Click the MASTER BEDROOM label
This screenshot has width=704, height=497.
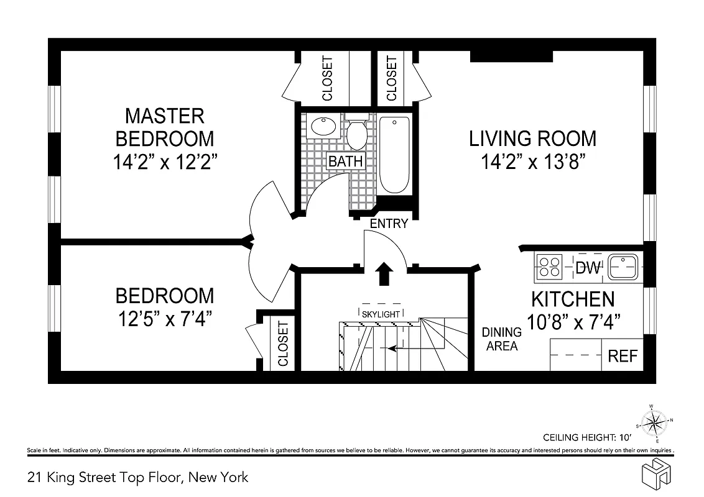(x=165, y=127)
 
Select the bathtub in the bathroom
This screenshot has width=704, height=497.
(x=394, y=155)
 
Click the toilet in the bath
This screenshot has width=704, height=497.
(x=357, y=133)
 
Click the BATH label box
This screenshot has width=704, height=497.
(x=345, y=161)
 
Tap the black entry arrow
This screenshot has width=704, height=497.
(x=384, y=273)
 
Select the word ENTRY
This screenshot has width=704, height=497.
(x=389, y=224)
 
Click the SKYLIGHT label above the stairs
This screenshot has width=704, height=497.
(x=381, y=314)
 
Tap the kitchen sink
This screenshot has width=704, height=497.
(x=623, y=267)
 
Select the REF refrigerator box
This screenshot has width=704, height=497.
(x=623, y=356)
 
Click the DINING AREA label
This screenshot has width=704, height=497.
(x=502, y=340)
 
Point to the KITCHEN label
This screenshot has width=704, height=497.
(x=572, y=299)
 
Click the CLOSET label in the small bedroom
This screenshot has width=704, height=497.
(x=283, y=344)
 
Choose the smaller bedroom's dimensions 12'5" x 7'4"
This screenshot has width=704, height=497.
(x=165, y=320)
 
